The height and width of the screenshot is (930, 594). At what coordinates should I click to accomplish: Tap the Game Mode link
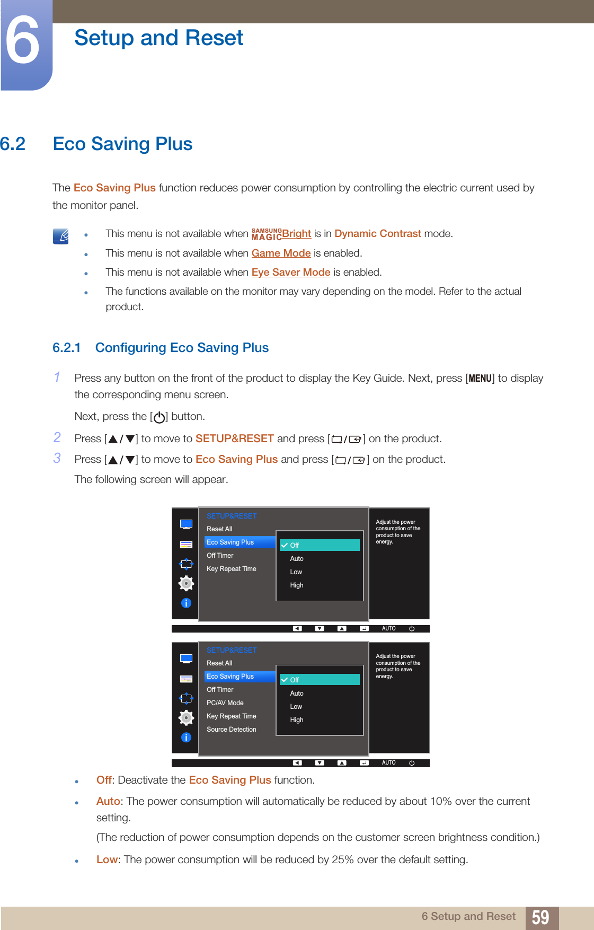(x=281, y=253)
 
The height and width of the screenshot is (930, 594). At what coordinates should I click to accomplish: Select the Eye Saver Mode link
(x=291, y=273)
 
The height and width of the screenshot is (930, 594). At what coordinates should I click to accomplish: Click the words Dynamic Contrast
(x=377, y=234)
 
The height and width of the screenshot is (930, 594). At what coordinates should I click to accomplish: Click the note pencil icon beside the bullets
(x=61, y=236)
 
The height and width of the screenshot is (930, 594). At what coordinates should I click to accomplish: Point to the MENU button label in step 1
(x=480, y=379)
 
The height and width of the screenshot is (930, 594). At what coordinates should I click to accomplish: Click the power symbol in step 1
(x=158, y=417)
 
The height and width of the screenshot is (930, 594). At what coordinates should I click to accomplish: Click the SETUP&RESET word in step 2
(x=234, y=439)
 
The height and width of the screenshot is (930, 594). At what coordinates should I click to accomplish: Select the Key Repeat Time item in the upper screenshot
(x=232, y=569)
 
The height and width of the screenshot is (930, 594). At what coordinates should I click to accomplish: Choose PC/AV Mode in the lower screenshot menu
(x=225, y=703)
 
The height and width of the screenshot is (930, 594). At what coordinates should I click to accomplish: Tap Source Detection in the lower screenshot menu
(x=232, y=730)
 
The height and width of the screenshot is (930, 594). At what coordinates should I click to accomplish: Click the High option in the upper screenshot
(x=297, y=585)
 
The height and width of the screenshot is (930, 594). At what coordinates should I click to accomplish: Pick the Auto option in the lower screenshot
(x=297, y=694)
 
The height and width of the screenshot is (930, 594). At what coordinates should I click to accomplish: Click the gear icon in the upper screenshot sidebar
(x=186, y=583)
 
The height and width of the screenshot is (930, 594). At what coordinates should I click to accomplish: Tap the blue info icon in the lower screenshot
(x=186, y=738)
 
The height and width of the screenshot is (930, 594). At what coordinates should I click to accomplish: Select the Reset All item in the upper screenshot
(x=219, y=529)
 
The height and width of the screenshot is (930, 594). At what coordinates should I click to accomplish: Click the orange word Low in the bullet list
(x=107, y=860)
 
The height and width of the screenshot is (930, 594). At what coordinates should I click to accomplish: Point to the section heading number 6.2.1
(x=67, y=348)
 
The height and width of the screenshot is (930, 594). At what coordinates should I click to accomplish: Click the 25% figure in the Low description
(x=342, y=860)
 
